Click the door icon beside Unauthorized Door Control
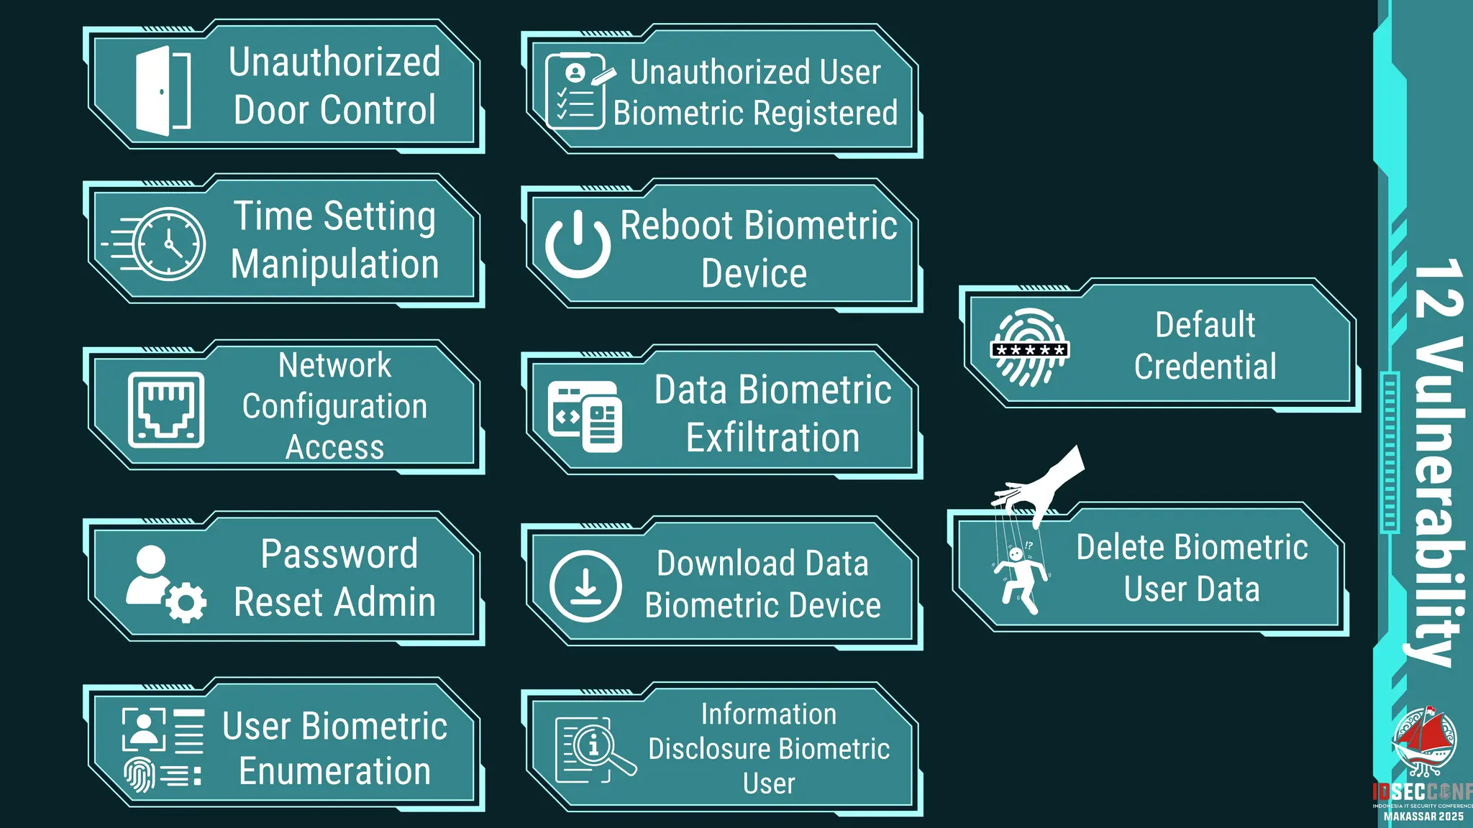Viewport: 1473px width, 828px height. point(163,91)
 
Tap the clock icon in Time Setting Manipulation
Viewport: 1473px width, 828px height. point(169,244)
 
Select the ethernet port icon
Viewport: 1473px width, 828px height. point(166,410)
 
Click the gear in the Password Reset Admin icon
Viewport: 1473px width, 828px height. point(186,602)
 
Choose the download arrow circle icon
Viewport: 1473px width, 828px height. point(585,586)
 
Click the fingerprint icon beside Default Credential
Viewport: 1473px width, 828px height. point(1029,348)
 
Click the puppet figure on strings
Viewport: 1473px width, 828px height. point(1020,579)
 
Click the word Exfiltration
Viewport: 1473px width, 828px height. point(772,438)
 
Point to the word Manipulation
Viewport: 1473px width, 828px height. point(335,264)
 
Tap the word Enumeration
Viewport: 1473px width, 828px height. point(335,771)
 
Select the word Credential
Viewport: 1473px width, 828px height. point(1205,367)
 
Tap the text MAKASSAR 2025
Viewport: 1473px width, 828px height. point(1423,816)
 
